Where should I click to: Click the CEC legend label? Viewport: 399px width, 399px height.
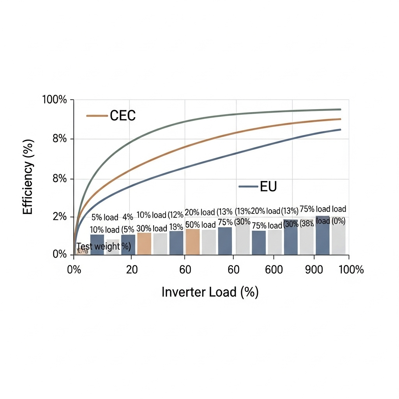[x=123, y=116]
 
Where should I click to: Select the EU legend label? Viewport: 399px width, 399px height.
[x=268, y=187]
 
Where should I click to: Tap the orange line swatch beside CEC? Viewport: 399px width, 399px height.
[x=97, y=116]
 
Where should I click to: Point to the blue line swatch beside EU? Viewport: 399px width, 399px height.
[x=248, y=187]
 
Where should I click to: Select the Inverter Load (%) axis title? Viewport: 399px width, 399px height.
[x=210, y=292]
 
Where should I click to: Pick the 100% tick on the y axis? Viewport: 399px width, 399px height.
[x=55, y=100]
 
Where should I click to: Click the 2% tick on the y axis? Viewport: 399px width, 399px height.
[x=58, y=217]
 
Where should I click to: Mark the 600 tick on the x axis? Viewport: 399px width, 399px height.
[x=274, y=270]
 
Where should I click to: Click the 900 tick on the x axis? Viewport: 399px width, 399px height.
[x=314, y=270]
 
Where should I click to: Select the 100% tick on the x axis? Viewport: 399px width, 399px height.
[x=351, y=270]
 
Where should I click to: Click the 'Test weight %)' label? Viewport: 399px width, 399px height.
[x=103, y=246]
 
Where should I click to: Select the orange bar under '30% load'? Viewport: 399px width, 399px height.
[x=144, y=244]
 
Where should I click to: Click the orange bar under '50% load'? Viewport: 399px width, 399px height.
[x=192, y=242]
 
